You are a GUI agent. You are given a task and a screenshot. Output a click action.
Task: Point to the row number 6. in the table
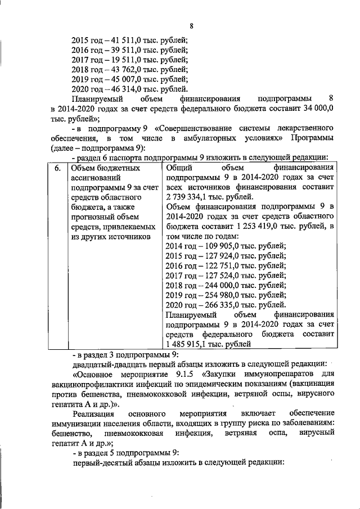tap(57, 168)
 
